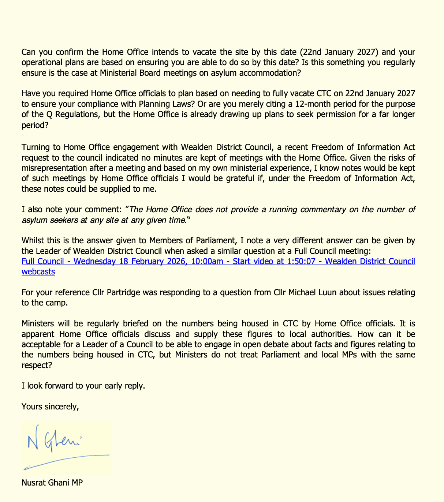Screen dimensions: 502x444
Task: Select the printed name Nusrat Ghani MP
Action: click(52, 483)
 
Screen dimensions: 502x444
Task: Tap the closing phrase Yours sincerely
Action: click(50, 407)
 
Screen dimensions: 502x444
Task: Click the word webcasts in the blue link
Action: click(38, 272)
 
